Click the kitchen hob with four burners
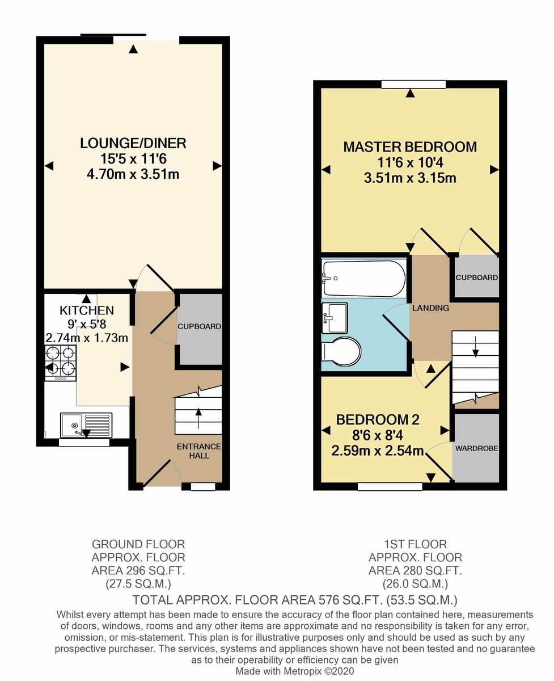pyautogui.click(x=60, y=363)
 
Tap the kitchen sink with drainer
pyautogui.click(x=86, y=425)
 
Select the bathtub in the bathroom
pyautogui.click(x=364, y=279)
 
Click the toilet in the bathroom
pyautogui.click(x=341, y=351)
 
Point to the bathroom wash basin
pyautogui.click(x=335, y=318)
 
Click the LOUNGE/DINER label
pyautogui.click(x=133, y=143)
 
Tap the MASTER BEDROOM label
pyautogui.click(x=410, y=147)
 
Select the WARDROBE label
pyautogui.click(x=476, y=448)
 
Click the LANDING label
pyautogui.click(x=431, y=308)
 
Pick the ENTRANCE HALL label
pyautogui.click(x=198, y=451)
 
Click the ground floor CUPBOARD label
pyautogui.click(x=200, y=326)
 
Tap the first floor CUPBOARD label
pyautogui.click(x=477, y=278)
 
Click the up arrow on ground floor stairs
pyautogui.click(x=198, y=418)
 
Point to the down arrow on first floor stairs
pyautogui.click(x=475, y=347)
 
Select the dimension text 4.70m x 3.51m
pyautogui.click(x=133, y=175)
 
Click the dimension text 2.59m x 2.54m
pyautogui.click(x=377, y=451)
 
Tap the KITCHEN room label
pyautogui.click(x=87, y=310)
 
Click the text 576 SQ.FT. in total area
pyautogui.click(x=351, y=600)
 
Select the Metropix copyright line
pyautogui.click(x=294, y=670)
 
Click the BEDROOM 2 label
pyautogui.click(x=378, y=420)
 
